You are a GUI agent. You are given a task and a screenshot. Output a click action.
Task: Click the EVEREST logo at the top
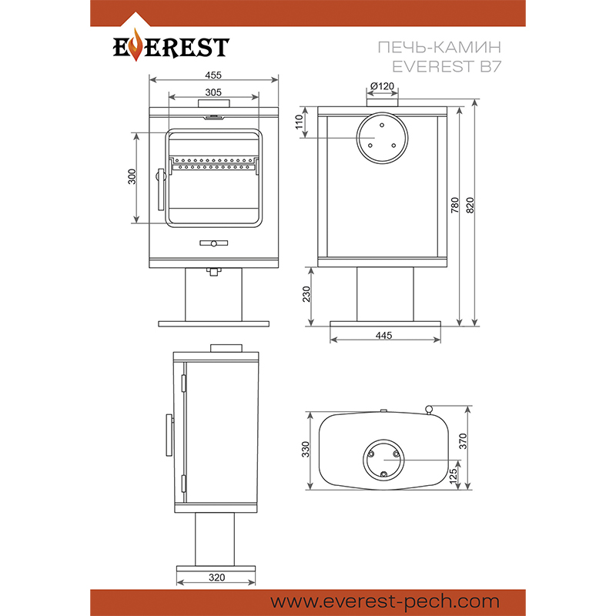tap(170, 46)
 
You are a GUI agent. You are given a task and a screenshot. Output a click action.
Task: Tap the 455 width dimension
tap(213, 75)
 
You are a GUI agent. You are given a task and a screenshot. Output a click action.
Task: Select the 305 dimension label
tap(213, 92)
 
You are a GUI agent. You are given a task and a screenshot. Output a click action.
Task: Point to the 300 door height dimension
tap(132, 177)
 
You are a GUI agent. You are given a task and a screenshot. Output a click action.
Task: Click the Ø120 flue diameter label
tap(382, 85)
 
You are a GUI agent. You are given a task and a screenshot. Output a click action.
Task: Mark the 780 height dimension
tap(455, 205)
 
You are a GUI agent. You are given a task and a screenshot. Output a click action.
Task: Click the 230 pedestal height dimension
tap(306, 295)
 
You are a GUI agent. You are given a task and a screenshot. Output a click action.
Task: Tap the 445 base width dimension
tap(385, 335)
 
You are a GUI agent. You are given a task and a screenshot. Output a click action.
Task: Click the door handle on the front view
tap(160, 189)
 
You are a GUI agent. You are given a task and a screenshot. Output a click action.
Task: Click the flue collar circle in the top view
tap(383, 460)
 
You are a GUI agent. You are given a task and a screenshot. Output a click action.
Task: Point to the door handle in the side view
tap(166, 435)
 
